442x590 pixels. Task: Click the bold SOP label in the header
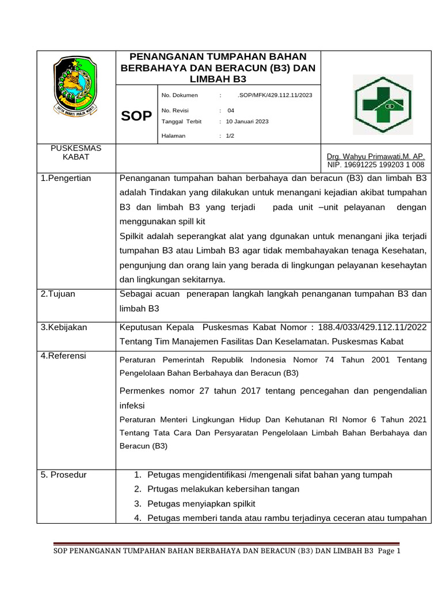pos(136,116)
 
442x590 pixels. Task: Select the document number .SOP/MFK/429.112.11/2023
pos(275,95)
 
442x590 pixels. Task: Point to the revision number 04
pos(231,110)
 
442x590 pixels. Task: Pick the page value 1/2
pos(230,136)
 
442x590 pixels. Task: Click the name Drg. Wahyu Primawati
pos(375,156)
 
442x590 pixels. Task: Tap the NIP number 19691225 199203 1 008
pos(375,165)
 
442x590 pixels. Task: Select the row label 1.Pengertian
pos(66,178)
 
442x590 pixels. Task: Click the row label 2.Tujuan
pos(58,294)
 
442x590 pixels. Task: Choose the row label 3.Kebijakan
pos(64,327)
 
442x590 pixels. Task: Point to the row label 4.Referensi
pos(63,356)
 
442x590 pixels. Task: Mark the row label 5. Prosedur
pos(64,475)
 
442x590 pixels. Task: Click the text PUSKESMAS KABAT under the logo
pos(76,152)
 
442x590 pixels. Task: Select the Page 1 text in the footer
pos(388,551)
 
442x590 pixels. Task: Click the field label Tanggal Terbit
pos(181,122)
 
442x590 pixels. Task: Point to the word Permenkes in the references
pos(142,391)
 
